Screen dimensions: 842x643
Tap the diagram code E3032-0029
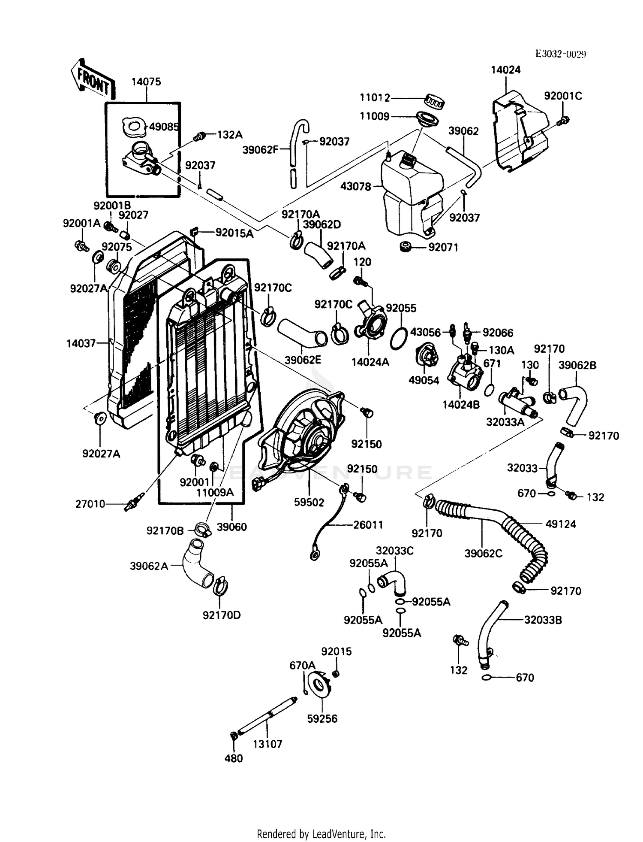560,54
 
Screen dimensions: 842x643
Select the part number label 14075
146,82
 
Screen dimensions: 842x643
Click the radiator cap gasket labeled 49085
133,127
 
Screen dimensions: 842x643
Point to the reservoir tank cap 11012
435,101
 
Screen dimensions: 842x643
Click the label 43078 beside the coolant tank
355,187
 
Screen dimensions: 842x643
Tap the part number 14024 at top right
505,70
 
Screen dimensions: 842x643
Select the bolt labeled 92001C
563,121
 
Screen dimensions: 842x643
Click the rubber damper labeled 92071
404,247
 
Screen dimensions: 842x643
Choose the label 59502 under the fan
309,502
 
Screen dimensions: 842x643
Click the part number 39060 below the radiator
232,527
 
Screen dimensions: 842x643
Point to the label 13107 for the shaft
267,744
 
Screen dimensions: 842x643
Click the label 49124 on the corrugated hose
560,524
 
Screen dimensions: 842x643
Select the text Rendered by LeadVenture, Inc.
321,834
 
